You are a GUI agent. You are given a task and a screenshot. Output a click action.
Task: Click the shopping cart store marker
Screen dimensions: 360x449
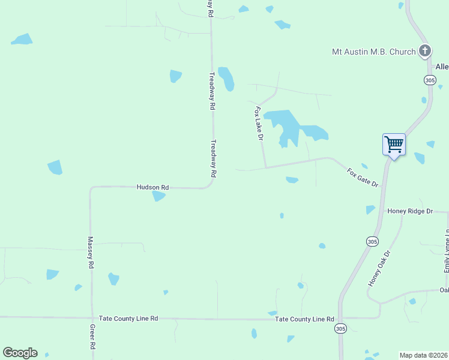394,143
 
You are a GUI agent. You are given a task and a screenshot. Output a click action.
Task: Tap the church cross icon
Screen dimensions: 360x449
425,51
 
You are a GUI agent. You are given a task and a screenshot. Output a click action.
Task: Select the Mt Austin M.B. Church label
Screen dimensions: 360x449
374,52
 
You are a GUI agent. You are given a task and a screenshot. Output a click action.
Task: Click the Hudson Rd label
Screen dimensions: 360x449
152,187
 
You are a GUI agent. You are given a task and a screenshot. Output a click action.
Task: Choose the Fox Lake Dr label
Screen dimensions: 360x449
259,124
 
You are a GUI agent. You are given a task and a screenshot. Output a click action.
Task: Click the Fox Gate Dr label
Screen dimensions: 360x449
363,177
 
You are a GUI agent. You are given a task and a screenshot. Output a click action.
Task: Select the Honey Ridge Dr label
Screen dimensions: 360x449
410,211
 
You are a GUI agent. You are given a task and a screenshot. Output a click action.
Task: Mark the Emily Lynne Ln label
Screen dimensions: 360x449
447,252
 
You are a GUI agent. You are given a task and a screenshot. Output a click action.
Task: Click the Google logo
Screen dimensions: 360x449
20,353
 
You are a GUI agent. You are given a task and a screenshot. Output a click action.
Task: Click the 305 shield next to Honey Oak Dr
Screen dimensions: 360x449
372,241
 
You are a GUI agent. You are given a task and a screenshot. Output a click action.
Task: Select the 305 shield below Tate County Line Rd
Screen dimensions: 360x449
340,329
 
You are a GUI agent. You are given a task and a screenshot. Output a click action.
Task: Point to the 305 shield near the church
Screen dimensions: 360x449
429,80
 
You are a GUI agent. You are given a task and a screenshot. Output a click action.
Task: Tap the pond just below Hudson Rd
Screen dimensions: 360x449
158,196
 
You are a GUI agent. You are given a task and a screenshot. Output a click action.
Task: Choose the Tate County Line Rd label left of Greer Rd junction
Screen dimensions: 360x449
128,319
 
